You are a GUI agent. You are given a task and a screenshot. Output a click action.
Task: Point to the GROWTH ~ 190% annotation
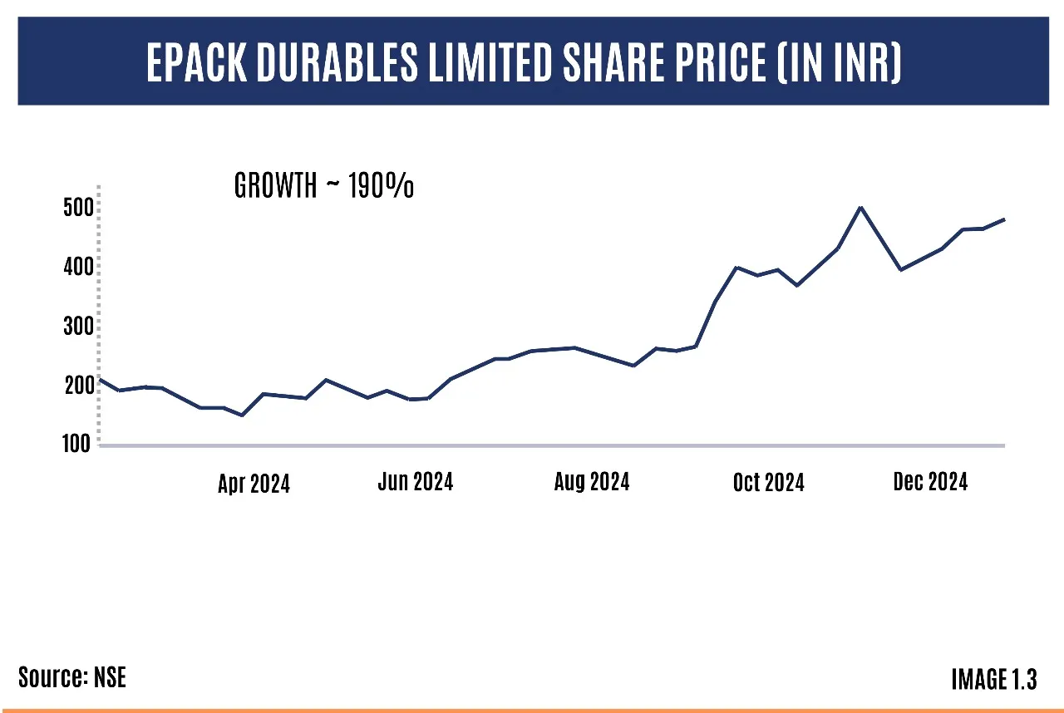tap(324, 187)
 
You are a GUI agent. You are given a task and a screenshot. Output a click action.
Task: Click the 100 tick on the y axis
tap(76, 444)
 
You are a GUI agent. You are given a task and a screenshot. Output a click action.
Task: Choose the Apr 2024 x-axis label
tap(254, 484)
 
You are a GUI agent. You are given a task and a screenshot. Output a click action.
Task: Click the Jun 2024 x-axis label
tap(415, 481)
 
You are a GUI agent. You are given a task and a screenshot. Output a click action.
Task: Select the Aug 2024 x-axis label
tap(592, 481)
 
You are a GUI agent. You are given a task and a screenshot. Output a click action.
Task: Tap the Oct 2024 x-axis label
tap(768, 482)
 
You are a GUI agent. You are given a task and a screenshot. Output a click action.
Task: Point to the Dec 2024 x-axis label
tap(930, 481)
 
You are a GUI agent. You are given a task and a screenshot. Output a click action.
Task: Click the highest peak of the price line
tap(860, 207)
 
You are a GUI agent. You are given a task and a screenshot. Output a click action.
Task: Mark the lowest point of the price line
tap(242, 415)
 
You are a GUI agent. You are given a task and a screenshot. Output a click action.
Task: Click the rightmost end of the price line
tap(1004, 219)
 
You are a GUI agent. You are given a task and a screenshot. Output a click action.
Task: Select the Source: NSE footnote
tap(72, 677)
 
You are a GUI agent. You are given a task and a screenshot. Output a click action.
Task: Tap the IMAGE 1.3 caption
tap(993, 680)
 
